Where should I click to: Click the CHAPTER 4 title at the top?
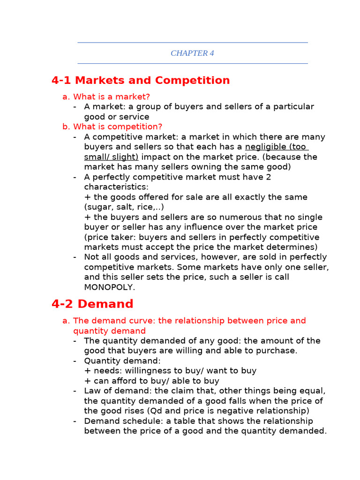click(192, 53)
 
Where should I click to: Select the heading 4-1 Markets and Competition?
click(141, 81)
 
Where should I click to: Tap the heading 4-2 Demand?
click(92, 304)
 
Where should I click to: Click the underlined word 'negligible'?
click(265, 147)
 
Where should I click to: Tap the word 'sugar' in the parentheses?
click(100, 207)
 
